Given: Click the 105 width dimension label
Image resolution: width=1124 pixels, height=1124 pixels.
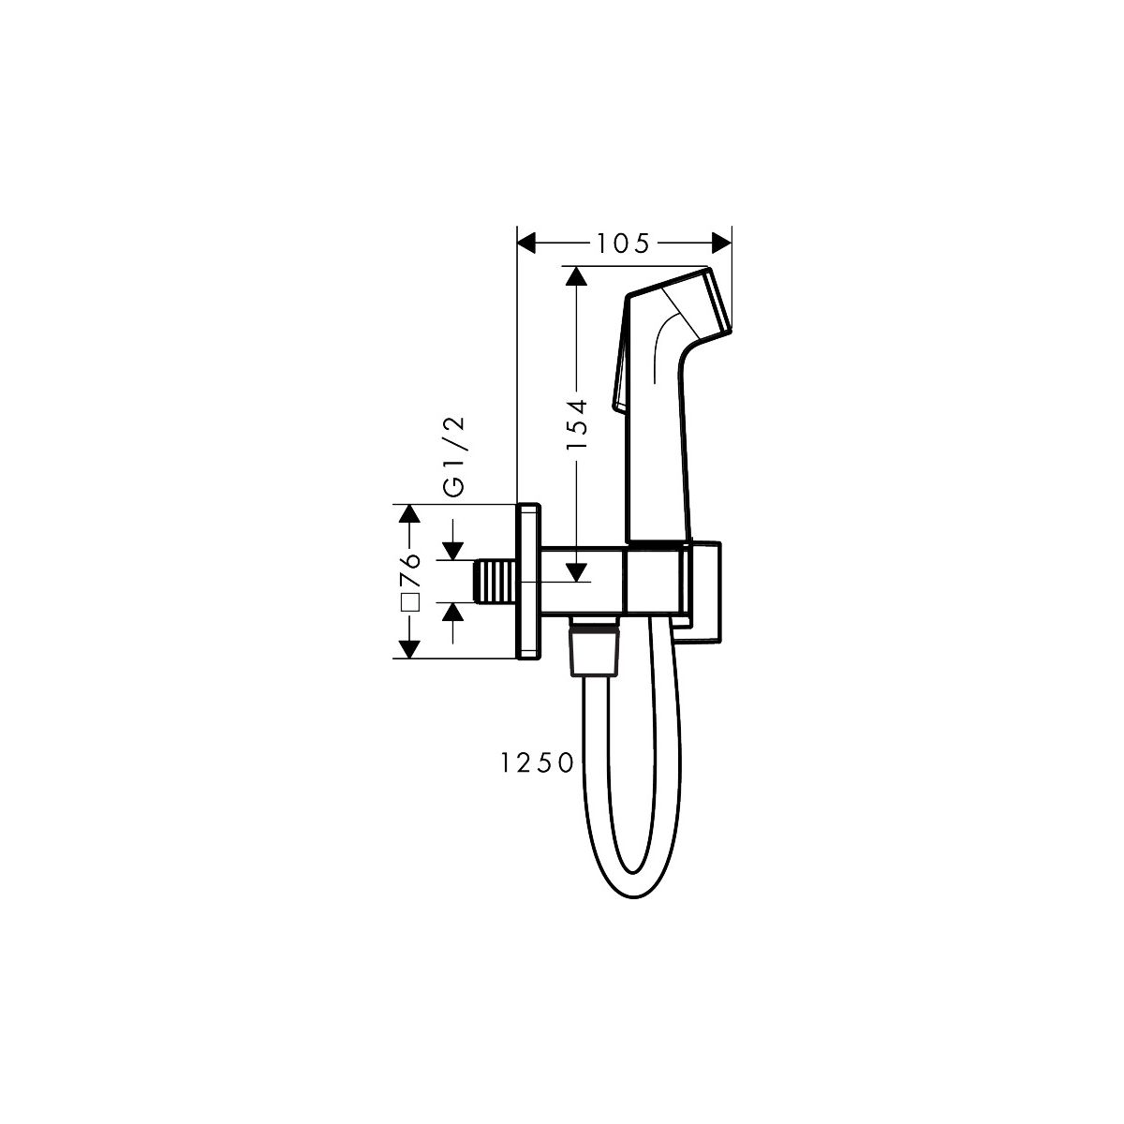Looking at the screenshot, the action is click(622, 244).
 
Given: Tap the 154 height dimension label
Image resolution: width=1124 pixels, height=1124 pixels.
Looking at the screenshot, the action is click(577, 424).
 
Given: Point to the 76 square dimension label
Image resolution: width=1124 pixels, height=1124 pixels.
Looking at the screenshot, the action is click(411, 569).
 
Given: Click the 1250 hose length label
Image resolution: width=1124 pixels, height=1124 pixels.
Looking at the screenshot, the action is click(538, 763).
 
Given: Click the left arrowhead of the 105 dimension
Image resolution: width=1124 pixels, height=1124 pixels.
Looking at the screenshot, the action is click(526, 242).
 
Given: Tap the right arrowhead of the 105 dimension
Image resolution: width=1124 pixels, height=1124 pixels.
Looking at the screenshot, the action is click(722, 242).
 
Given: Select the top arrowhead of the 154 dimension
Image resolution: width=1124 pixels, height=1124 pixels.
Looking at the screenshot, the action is click(576, 276).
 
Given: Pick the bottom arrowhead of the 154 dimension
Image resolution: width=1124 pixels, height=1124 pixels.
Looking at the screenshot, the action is click(577, 572).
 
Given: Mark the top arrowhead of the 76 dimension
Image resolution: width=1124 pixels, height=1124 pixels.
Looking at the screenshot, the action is click(409, 513).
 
